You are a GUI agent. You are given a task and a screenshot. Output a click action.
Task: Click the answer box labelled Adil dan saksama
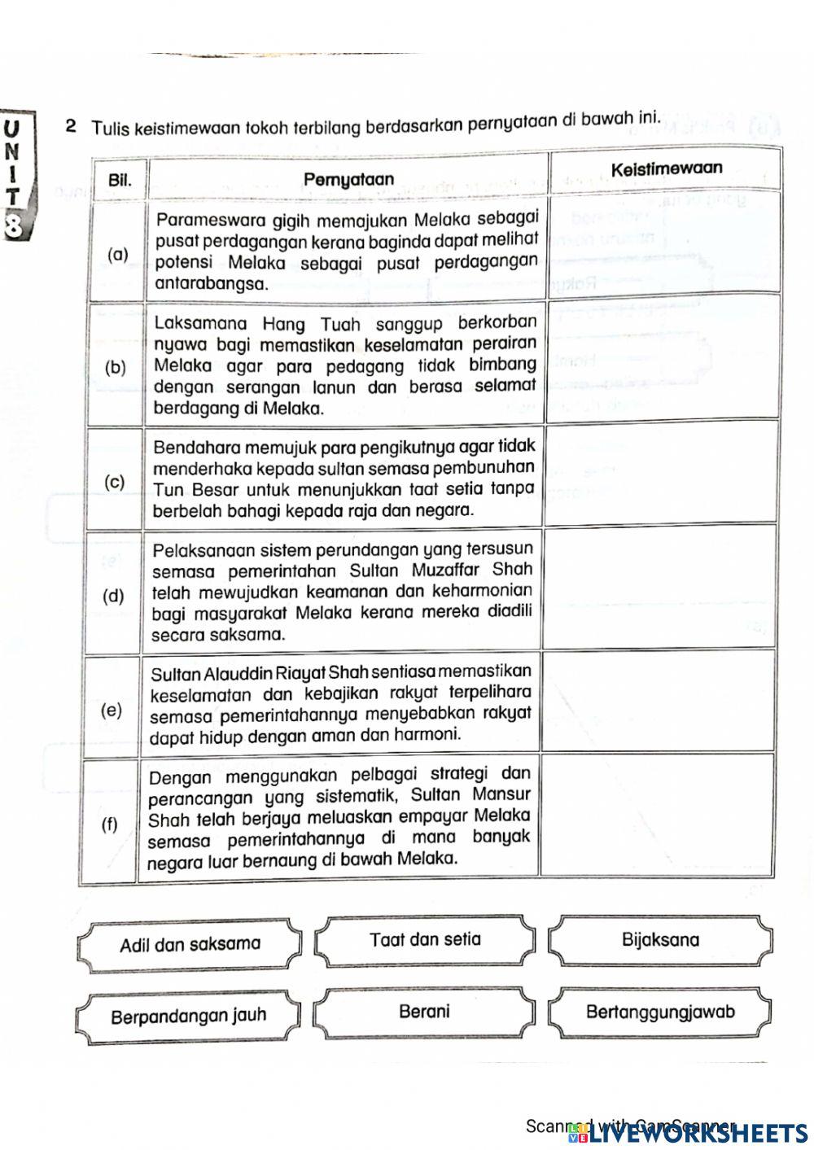pyautogui.click(x=190, y=945)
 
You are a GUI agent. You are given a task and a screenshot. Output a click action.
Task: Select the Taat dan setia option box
pyautogui.click(x=425, y=940)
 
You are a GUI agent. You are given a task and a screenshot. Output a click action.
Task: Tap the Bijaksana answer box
pyautogui.click(x=660, y=940)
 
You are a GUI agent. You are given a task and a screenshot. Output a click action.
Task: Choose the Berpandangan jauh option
pyautogui.click(x=188, y=1017)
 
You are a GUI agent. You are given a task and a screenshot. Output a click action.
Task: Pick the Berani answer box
pyautogui.click(x=424, y=1012)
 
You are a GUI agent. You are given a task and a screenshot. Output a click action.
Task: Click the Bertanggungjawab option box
pyautogui.click(x=660, y=1012)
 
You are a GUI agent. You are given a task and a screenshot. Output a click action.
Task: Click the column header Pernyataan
pyautogui.click(x=348, y=179)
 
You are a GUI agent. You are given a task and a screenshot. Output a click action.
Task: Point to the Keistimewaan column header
pyautogui.click(x=666, y=169)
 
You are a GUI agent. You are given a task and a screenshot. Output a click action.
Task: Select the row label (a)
pyautogui.click(x=118, y=254)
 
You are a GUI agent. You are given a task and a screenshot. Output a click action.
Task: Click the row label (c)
pyautogui.click(x=116, y=482)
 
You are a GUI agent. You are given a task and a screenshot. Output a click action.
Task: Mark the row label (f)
pyautogui.click(x=109, y=824)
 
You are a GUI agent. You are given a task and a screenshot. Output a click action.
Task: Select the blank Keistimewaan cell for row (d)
pyautogui.click(x=658, y=591)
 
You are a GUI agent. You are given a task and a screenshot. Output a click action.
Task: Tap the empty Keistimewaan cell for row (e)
pyautogui.click(x=656, y=702)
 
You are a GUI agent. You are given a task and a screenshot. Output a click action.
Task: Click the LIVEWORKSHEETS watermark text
pyautogui.click(x=699, y=1132)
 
